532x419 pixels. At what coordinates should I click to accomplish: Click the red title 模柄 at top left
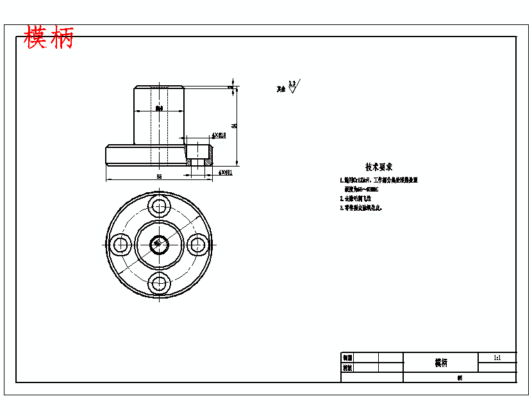(x=49, y=38)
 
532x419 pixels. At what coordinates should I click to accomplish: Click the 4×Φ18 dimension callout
(x=219, y=136)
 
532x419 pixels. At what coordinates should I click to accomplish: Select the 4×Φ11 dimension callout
(x=224, y=172)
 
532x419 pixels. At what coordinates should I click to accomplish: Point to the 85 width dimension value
(x=159, y=176)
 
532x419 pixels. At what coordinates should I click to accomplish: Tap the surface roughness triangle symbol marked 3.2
(x=292, y=88)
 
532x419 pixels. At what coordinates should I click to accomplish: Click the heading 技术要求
(x=379, y=167)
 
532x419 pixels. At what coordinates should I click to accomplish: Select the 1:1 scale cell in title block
(x=497, y=357)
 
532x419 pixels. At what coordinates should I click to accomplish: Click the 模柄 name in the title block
(x=441, y=363)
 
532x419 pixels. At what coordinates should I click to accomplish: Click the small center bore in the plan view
(x=159, y=243)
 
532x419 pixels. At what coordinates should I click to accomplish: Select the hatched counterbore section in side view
(x=199, y=154)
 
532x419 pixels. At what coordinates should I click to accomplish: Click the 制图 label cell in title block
(x=347, y=357)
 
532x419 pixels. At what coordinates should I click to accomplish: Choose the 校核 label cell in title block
(x=347, y=368)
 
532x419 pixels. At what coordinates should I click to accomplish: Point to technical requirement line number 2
(x=356, y=199)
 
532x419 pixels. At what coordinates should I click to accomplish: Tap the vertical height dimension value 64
(x=235, y=126)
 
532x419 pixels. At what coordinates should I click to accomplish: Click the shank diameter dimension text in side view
(x=159, y=109)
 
